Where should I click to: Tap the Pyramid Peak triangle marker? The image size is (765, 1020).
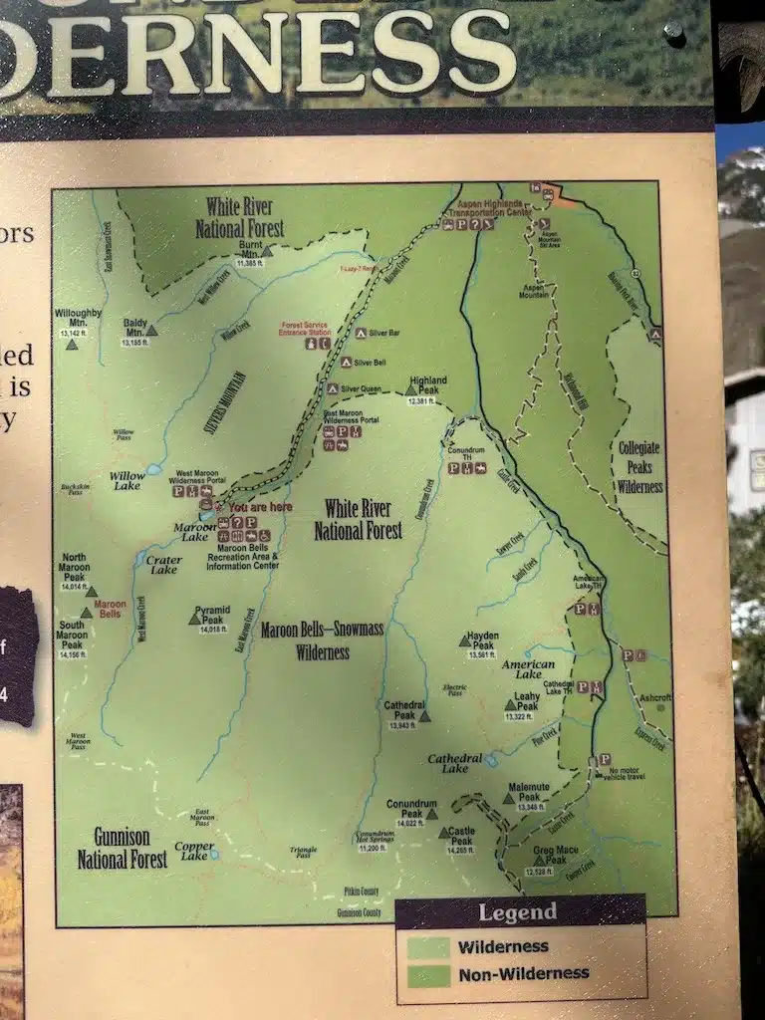[194, 620]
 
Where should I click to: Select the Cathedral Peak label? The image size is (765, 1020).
[403, 710]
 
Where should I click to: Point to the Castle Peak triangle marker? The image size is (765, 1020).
[444, 833]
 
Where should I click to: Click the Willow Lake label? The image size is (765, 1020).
[127, 480]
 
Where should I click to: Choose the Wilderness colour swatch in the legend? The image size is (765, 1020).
[427, 946]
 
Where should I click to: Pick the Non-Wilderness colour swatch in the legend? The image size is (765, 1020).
[427, 973]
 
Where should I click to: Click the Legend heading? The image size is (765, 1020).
[517, 912]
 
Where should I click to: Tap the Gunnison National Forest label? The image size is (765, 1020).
[123, 848]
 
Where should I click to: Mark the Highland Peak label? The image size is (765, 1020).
[427, 384]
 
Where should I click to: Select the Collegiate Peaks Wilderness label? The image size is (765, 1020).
[638, 467]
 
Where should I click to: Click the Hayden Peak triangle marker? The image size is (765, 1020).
[464, 641]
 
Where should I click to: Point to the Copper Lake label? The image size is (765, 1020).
[193, 851]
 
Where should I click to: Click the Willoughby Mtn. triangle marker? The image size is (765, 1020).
[72, 344]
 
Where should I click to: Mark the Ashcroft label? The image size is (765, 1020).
[654, 697]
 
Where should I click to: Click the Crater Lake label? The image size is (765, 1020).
[163, 565]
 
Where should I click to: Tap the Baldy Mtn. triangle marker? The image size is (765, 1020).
[151, 331]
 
